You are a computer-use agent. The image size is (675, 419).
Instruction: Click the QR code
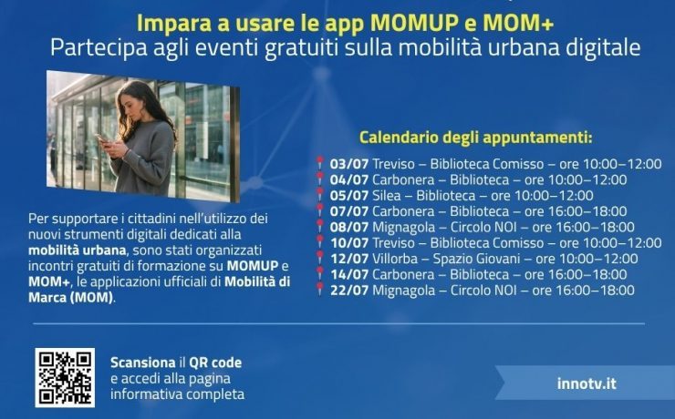coord(65,377)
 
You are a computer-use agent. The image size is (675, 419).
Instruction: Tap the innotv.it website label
coord(587,383)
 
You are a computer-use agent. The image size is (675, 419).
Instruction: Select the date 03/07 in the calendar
coord(349,164)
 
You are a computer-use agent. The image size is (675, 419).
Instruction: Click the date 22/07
coord(349,290)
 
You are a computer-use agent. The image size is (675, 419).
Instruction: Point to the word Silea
coord(386,196)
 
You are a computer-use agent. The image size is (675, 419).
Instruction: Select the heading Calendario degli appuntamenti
coord(475,138)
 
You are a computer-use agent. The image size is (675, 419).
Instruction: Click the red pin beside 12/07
coord(319,259)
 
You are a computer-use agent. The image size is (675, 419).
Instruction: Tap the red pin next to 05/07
coord(319,195)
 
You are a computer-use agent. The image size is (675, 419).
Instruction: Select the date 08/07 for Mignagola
coord(349,227)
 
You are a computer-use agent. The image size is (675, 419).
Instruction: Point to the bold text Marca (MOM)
coord(71,297)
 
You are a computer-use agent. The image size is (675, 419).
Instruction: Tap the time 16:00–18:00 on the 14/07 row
coord(587,274)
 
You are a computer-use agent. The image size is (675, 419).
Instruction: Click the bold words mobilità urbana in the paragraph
coord(78,250)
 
